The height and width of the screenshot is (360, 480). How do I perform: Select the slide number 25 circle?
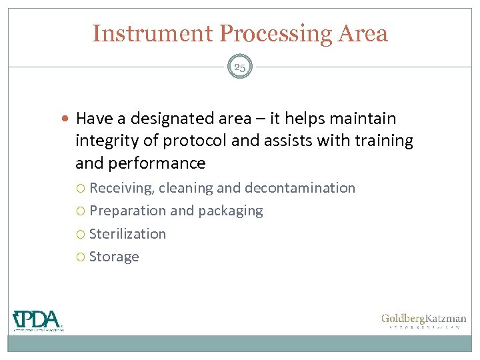[240, 67]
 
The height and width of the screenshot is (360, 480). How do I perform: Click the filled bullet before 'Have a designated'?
[68, 119]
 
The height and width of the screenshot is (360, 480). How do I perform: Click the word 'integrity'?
[105, 141]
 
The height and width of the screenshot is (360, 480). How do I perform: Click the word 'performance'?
[164, 163]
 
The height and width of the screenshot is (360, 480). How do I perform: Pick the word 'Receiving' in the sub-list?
[122, 188]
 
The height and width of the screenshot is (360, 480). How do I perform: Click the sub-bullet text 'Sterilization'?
[127, 233]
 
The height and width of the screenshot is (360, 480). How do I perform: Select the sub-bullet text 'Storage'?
[114, 257]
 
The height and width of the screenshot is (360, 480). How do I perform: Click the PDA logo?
[38, 320]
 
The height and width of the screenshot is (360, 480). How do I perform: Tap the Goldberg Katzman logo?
[423, 321]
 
